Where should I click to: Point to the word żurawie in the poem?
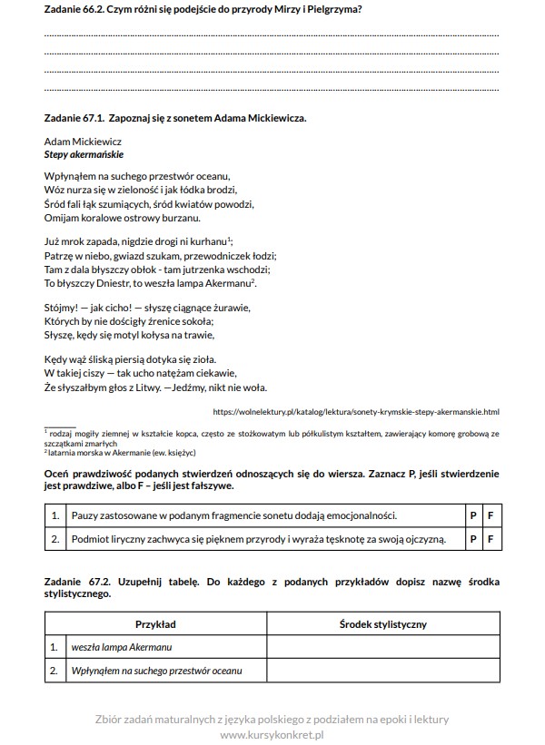[x=229, y=308]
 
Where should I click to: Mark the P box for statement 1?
[x=472, y=515]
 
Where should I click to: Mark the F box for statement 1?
[x=490, y=515]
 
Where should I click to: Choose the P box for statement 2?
[x=472, y=540]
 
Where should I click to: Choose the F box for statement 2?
[x=490, y=540]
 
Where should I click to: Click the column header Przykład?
[x=155, y=624]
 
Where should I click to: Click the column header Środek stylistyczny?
[x=382, y=624]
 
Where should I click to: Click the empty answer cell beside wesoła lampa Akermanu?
[x=382, y=648]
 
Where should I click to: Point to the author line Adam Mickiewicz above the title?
[x=83, y=142]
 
